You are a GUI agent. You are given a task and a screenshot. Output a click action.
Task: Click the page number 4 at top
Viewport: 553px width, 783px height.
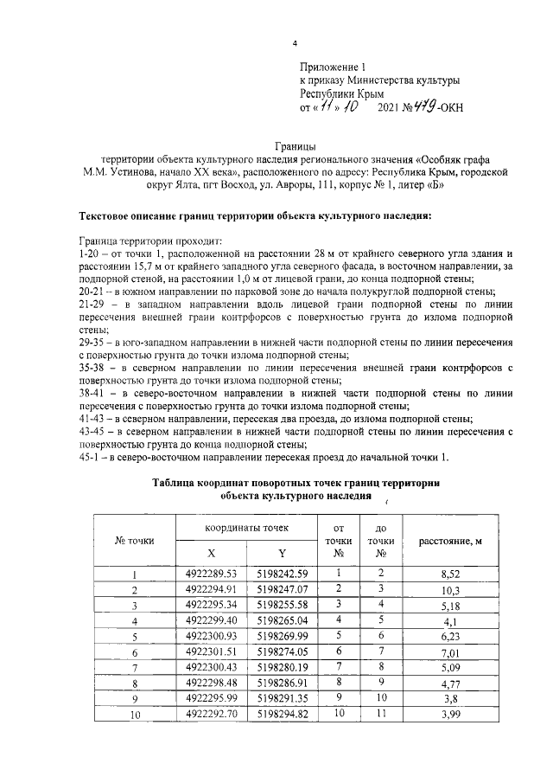(x=294, y=43)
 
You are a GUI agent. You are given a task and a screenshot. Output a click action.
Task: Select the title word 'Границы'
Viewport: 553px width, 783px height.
(x=293, y=146)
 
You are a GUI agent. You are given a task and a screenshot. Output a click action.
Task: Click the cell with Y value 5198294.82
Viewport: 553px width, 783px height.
(x=282, y=714)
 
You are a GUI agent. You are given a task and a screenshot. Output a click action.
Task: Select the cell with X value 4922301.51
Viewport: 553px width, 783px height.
(x=212, y=651)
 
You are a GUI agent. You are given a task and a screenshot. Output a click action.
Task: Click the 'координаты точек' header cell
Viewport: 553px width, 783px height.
(x=246, y=527)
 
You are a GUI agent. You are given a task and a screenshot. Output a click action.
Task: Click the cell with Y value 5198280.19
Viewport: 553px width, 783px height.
(x=282, y=667)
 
